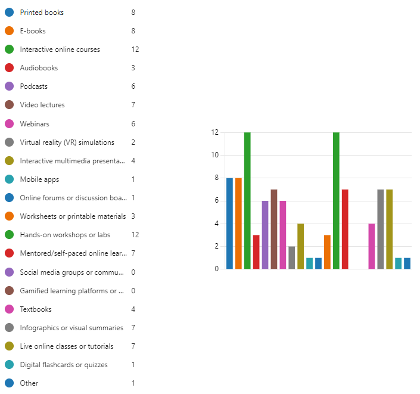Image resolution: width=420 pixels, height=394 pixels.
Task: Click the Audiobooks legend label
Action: (39, 68)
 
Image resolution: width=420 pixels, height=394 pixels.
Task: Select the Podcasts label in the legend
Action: (33, 86)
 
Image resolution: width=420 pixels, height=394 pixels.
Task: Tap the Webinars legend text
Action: (35, 124)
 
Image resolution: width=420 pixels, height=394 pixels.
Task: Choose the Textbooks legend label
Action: (36, 309)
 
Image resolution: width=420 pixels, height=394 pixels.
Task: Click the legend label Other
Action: (29, 383)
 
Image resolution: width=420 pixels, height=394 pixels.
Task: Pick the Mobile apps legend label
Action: (39, 179)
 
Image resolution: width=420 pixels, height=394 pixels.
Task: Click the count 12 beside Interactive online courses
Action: (135, 49)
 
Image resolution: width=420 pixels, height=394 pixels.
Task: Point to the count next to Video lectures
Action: (133, 105)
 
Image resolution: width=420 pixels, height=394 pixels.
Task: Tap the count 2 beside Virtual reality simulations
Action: (133, 142)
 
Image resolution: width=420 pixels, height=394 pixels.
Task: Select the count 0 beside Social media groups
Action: (133, 272)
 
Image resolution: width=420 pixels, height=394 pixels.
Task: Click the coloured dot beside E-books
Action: (9, 31)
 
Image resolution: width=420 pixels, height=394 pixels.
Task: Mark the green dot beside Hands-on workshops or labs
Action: (9, 235)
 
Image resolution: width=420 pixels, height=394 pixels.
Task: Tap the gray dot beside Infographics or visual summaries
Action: (9, 328)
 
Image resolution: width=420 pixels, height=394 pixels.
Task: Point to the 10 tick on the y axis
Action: (214, 155)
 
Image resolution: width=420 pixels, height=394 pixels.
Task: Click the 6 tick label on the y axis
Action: (216, 201)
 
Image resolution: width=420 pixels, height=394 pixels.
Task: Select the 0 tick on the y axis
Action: (216, 269)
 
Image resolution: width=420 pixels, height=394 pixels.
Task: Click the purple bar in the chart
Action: (265, 235)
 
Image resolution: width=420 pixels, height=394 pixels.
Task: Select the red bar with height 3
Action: (256, 252)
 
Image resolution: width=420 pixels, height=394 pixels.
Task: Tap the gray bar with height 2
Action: (292, 258)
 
